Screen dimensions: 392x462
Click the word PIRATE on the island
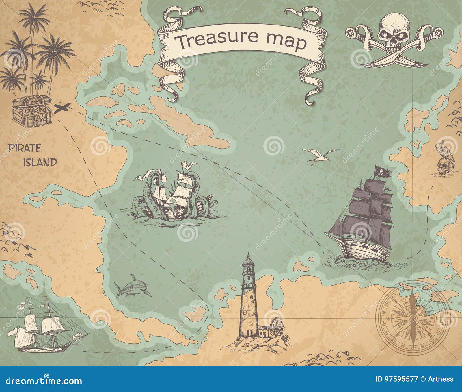tap(25, 148)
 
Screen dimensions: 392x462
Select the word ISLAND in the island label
tap(40, 162)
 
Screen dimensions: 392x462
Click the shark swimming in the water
tap(133, 287)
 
